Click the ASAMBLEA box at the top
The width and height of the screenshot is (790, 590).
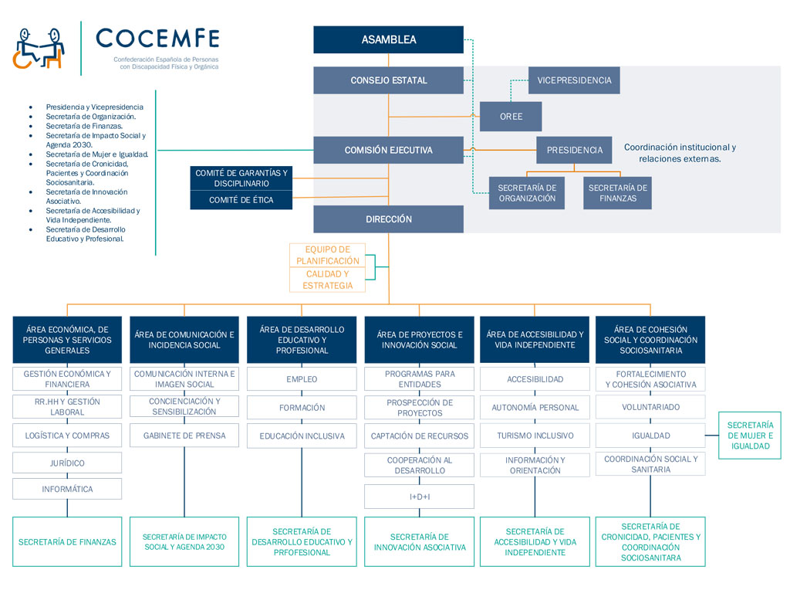[388, 40]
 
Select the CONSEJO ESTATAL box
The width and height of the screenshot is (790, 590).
[388, 80]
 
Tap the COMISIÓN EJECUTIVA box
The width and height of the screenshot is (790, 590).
[388, 151]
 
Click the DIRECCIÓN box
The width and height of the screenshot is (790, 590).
[388, 219]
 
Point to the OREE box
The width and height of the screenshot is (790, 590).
[511, 117]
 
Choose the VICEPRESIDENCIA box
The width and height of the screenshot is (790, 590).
[574, 80]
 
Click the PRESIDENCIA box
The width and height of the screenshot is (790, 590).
[575, 151]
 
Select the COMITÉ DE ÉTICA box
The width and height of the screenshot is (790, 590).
[241, 200]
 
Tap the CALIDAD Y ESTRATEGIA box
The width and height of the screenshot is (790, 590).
[328, 280]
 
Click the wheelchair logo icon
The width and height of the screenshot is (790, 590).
[39, 48]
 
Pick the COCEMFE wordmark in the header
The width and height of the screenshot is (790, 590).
[157, 38]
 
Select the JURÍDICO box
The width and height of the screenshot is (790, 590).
[67, 463]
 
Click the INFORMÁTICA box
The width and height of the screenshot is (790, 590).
[67, 489]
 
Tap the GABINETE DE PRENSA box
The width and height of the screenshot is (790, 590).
[184, 436]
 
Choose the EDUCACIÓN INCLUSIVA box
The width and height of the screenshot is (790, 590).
[302, 436]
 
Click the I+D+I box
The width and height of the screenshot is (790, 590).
[419, 497]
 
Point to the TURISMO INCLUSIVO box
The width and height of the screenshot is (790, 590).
[535, 436]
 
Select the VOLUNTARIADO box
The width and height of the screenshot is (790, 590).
[650, 407]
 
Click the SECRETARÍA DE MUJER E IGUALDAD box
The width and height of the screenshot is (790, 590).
[750, 436]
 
